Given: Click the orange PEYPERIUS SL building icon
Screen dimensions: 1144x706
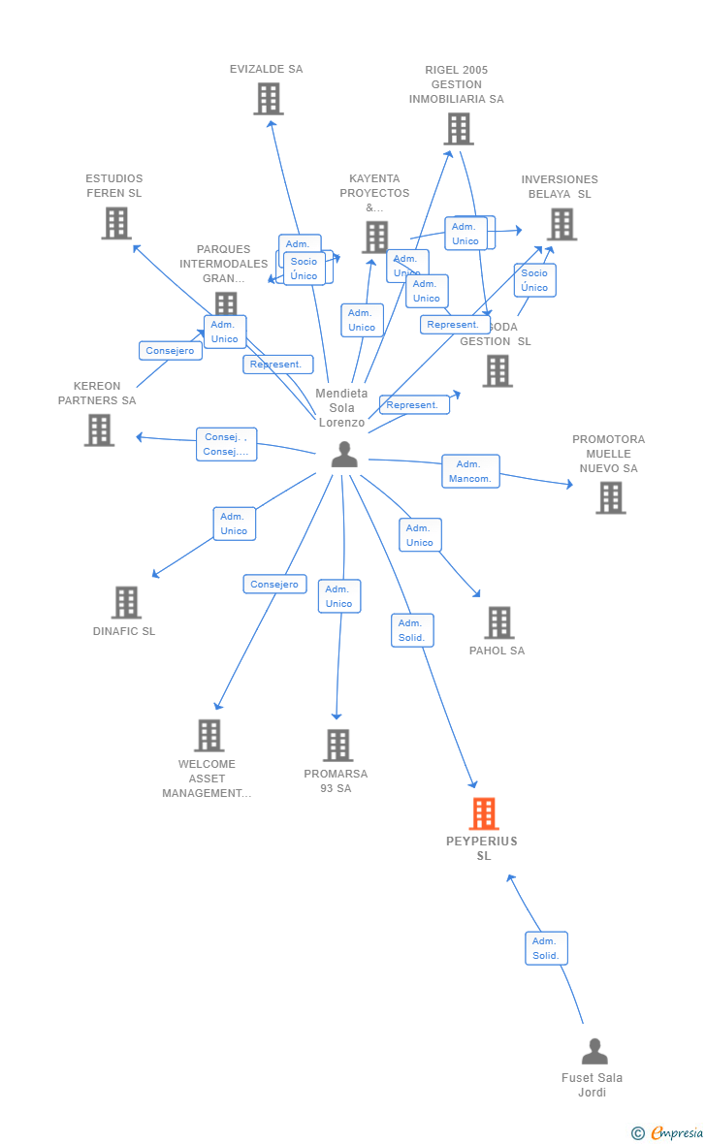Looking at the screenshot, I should coord(484,813).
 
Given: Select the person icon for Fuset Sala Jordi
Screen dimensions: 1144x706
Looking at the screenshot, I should coord(594,1051).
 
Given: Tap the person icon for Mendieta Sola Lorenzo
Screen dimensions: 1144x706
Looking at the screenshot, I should coord(344,454).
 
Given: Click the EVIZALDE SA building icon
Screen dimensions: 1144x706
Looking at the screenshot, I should coord(268,99).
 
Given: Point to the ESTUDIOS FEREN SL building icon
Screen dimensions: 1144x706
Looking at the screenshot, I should coord(116,223).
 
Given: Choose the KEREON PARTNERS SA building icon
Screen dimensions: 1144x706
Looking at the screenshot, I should coord(99,429).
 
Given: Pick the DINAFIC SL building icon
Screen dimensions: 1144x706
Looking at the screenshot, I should coord(126,602).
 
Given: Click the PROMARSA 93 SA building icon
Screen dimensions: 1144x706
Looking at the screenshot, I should coord(337,746).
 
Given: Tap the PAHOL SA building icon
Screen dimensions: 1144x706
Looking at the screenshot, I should coord(498,622).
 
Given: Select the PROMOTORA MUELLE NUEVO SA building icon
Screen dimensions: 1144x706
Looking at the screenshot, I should coord(610,497).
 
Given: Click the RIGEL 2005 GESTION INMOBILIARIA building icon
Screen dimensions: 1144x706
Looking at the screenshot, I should coord(459,129).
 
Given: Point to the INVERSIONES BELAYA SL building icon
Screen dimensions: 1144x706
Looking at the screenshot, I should coord(561,224).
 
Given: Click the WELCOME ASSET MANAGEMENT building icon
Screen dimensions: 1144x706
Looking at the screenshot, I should coord(209,736).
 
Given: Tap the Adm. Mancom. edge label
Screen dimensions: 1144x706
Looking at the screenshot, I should coord(470,471).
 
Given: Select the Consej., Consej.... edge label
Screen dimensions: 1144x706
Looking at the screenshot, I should coord(226,444).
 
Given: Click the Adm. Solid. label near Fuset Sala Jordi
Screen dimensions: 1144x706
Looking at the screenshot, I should coord(546,948).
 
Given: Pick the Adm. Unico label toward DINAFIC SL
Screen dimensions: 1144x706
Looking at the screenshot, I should coord(234,524).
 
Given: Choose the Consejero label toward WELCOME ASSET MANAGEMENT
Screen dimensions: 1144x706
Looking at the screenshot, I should coord(274,585).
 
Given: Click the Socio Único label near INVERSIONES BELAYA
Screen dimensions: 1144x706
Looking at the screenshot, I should coord(534,280).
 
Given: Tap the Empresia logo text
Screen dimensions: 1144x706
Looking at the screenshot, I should coord(676,1132).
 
